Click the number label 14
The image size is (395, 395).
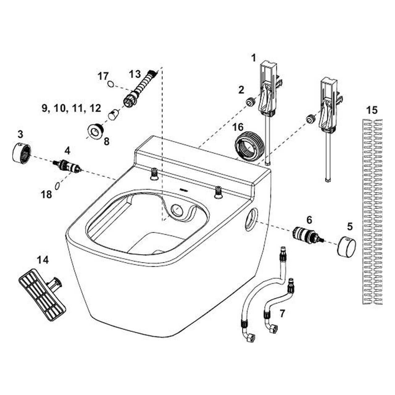click(x=43, y=260)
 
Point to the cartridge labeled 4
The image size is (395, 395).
click(x=67, y=167)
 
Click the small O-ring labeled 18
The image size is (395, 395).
click(x=57, y=185)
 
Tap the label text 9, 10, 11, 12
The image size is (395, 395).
click(x=71, y=108)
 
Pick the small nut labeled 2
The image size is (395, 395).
click(x=250, y=101)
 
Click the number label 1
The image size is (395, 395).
click(x=253, y=58)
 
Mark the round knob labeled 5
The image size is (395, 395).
click(x=346, y=246)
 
